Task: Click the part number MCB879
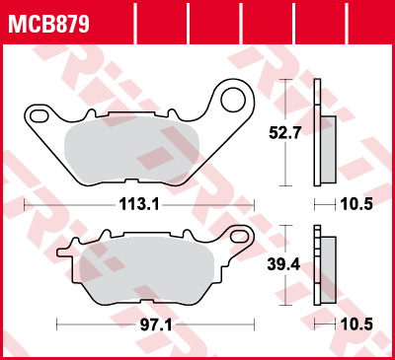pyautogui.click(x=48, y=22)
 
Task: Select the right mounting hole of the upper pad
pyautogui.click(x=234, y=99)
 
